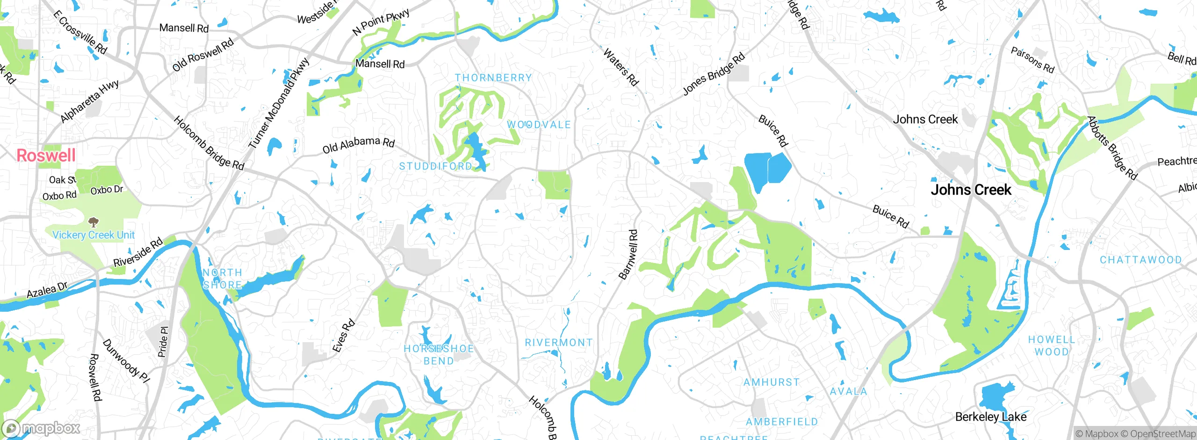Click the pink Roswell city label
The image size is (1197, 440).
point(46,155)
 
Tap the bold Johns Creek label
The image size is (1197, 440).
point(971,190)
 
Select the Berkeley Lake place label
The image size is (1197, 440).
point(990,417)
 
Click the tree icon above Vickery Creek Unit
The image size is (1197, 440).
point(94,222)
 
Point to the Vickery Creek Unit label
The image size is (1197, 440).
point(94,235)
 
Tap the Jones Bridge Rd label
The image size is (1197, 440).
point(713,74)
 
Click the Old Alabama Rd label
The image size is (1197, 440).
point(358,145)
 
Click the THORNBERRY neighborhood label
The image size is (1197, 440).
point(493,78)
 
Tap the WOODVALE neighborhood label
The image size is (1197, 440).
point(539,125)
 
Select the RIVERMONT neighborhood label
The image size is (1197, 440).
point(558,343)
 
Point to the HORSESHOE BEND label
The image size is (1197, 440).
point(439,355)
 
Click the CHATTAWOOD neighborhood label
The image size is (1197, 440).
point(1140,260)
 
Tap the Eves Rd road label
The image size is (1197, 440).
point(344,336)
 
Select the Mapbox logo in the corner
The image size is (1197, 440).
point(41,428)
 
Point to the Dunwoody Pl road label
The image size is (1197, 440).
point(126,361)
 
